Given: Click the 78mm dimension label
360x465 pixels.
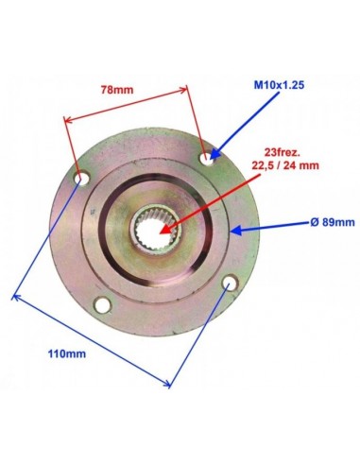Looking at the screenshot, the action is click(117, 90).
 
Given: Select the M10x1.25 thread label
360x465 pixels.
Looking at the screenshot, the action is click(279, 85).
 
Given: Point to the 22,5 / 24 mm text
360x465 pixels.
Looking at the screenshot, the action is click(285, 165).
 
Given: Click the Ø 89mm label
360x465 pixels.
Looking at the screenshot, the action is click(333, 222).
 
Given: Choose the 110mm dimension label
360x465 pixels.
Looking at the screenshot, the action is click(67, 353).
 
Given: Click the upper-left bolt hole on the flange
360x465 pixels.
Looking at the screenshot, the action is click(82, 178).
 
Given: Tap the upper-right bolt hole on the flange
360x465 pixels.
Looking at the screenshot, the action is click(208, 158).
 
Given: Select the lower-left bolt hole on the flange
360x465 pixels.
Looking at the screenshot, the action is click(103, 304).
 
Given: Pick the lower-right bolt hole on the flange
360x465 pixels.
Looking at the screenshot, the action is click(231, 284).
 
